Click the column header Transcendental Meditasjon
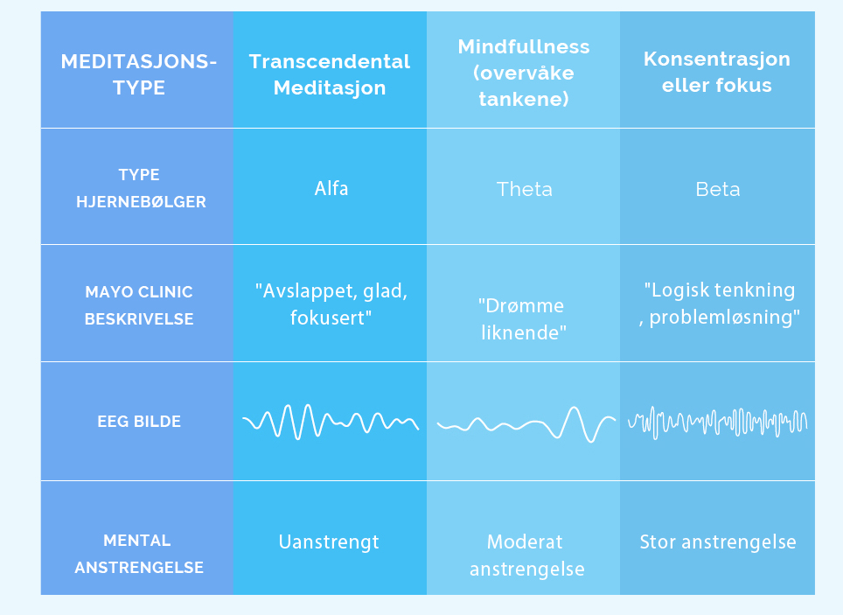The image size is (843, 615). click(x=330, y=74)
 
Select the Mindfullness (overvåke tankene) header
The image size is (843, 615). click(x=524, y=73)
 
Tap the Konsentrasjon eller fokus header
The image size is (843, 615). click(x=717, y=72)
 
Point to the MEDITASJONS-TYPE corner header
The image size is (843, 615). click(x=139, y=74)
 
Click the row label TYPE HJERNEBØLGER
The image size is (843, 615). click(x=141, y=188)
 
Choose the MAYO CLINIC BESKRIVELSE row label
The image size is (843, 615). click(x=139, y=305)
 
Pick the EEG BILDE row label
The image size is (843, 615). click(x=139, y=422)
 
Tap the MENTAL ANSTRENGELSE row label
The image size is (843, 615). click(x=139, y=554)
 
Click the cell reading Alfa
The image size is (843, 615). click(x=331, y=188)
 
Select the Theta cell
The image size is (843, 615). click(x=524, y=189)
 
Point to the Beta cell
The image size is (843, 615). click(x=718, y=189)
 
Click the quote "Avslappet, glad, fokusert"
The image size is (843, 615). click(x=331, y=304)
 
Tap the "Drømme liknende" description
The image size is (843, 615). click(x=523, y=319)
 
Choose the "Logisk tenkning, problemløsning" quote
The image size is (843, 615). click(x=720, y=304)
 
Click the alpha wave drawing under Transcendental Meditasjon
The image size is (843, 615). click(x=331, y=421)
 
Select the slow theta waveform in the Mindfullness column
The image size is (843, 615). click(x=526, y=424)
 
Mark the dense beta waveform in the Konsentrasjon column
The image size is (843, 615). click(x=718, y=422)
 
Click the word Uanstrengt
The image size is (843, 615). click(x=329, y=542)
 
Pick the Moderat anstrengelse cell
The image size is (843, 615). click(x=526, y=556)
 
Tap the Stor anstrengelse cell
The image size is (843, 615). click(x=718, y=542)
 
